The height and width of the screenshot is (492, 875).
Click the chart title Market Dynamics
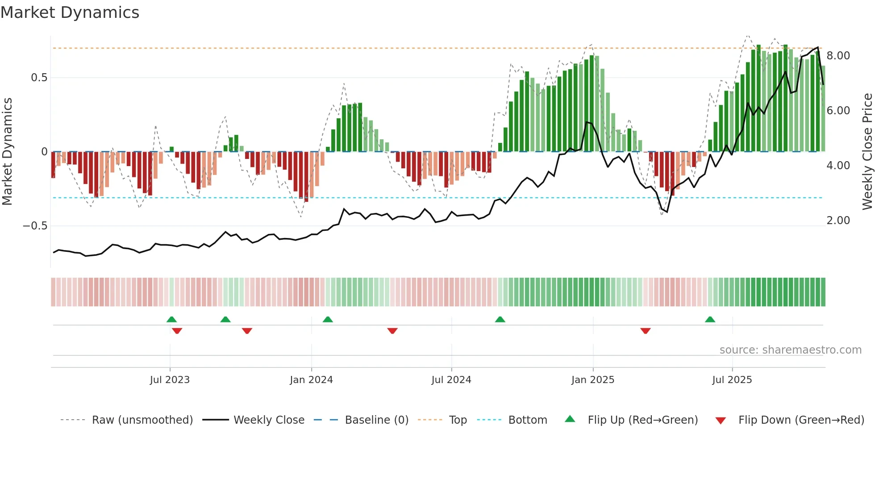point(70,13)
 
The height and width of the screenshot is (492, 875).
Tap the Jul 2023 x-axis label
point(170,380)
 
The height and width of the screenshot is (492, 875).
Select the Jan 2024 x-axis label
point(311,380)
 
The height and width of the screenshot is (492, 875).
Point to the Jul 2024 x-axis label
point(451,380)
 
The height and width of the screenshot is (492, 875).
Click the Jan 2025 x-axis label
point(593,380)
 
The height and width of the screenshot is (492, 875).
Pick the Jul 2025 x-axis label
point(732,380)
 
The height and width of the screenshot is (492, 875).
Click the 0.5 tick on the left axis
point(39,78)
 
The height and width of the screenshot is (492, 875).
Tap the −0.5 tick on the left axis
point(35,226)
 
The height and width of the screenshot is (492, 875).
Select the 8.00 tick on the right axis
point(838,56)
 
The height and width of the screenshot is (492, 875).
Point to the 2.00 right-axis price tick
point(838,221)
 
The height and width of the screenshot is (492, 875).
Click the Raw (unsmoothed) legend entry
point(142,420)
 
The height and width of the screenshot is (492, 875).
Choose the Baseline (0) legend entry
point(376,420)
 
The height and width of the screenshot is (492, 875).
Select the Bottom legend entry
point(527,420)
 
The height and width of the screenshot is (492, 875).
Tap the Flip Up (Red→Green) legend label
point(642,420)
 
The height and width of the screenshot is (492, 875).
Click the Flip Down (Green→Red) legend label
point(801,420)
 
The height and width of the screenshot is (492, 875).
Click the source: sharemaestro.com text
point(790,350)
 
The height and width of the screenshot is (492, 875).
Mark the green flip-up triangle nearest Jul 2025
point(710,319)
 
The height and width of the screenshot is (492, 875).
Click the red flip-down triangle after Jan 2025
point(645,331)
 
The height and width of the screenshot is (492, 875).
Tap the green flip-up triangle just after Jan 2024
point(328,319)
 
